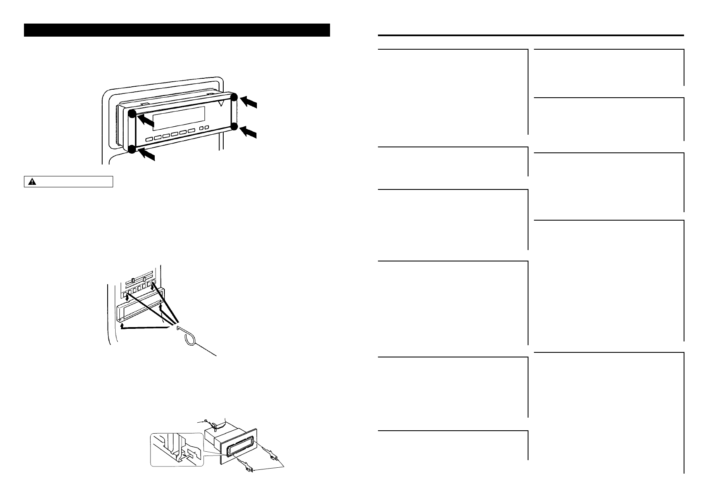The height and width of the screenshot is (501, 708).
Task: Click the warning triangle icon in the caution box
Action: click(x=32, y=182)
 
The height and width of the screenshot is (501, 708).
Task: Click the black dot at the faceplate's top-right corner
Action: click(x=234, y=97)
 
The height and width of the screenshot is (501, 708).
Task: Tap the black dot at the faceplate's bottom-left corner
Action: click(x=132, y=149)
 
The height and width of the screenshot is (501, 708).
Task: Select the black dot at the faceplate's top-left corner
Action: click(x=132, y=114)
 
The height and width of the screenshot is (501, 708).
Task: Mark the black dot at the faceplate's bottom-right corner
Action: click(x=234, y=126)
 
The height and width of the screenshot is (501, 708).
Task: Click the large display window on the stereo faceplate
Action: click(x=179, y=118)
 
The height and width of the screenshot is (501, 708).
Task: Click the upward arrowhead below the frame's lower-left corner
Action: click(x=122, y=325)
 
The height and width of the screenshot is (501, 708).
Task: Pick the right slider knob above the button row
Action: click(x=144, y=279)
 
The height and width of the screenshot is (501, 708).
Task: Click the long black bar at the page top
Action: click(x=177, y=30)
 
